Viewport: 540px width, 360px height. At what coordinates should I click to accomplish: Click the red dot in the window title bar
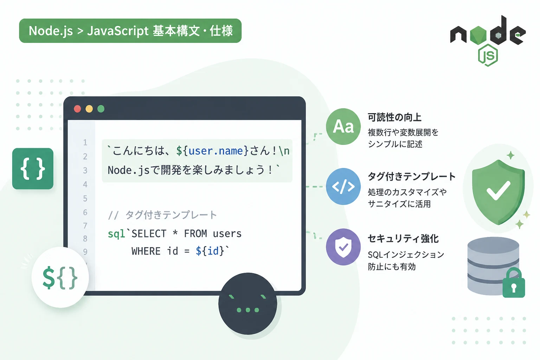[77, 109]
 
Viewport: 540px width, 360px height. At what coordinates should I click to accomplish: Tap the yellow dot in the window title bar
[89, 109]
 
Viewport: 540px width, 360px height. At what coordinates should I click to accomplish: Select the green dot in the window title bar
[101, 109]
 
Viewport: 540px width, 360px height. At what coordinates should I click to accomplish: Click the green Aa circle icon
[343, 127]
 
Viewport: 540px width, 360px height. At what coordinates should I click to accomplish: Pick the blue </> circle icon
[343, 186]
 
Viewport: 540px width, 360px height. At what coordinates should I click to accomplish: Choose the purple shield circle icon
[343, 247]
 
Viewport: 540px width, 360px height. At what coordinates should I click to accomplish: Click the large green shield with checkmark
[498, 192]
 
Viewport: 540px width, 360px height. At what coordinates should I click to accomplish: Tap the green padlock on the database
[514, 283]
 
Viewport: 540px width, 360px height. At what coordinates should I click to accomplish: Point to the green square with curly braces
[33, 168]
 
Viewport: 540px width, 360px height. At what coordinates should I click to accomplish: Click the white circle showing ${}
[60, 277]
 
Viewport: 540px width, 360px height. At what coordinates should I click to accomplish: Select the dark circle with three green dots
[248, 304]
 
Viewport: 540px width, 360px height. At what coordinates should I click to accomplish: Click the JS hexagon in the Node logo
[488, 55]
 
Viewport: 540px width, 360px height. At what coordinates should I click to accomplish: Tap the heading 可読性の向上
[394, 117]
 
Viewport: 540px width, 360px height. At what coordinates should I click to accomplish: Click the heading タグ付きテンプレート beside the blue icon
[412, 176]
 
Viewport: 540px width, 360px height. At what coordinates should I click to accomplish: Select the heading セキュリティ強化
[403, 238]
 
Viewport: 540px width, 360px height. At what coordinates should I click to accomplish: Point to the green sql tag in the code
[116, 234]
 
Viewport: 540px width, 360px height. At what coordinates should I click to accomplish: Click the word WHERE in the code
[146, 251]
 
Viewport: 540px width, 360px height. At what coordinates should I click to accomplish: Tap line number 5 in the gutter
[85, 198]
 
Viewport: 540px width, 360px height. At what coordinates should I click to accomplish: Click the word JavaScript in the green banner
[118, 31]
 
